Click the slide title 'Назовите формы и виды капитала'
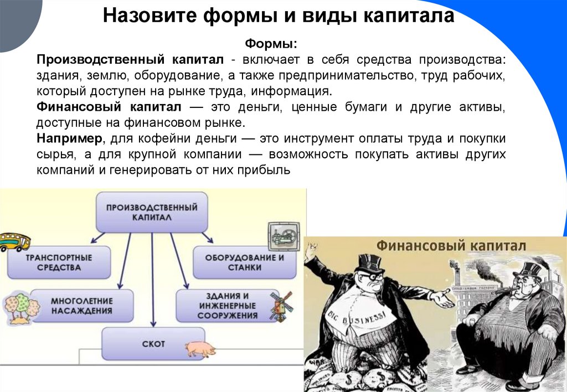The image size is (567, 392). click(x=279, y=16)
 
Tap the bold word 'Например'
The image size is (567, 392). click(x=69, y=138)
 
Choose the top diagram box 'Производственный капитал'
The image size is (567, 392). click(x=152, y=212)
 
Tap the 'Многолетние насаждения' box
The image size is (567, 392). click(x=81, y=305)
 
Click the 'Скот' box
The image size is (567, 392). click(x=153, y=344)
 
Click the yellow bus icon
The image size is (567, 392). click(x=14, y=242)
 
